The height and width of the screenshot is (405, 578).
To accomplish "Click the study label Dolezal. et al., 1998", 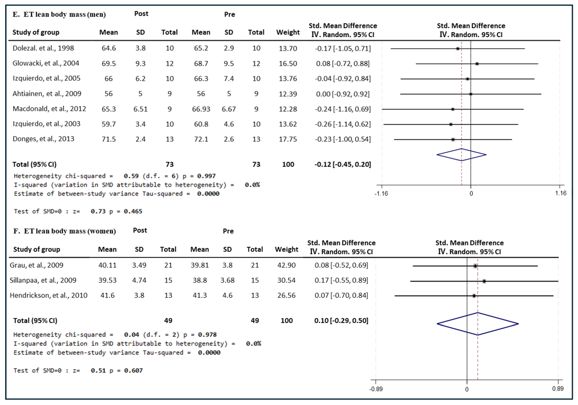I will pyautogui.click(x=43, y=48).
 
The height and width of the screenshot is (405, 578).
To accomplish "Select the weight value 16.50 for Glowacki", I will pyautogui.click(x=288, y=63).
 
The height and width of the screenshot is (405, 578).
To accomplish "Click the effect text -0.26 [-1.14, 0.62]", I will pyautogui.click(x=343, y=124).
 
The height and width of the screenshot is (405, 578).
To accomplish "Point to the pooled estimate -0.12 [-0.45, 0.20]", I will pyautogui.click(x=343, y=164).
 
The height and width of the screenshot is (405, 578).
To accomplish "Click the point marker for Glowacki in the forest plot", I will pyautogui.click(x=477, y=64).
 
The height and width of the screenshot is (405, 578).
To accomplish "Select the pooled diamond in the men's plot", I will pyautogui.click(x=461, y=155).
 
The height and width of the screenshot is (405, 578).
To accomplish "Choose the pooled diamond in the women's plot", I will pyautogui.click(x=478, y=324).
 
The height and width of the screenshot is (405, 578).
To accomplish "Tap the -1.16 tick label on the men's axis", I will pyautogui.click(x=381, y=194).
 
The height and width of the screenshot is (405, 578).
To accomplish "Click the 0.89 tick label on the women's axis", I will pyautogui.click(x=558, y=389).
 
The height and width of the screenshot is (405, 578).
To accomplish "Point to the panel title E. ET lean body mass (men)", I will pyautogui.click(x=59, y=14).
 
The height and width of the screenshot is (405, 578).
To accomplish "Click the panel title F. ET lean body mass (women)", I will pyautogui.click(x=65, y=231).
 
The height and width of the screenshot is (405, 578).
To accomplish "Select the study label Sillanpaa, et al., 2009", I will pyautogui.click(x=43, y=280).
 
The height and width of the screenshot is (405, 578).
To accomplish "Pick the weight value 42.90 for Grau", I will pyautogui.click(x=286, y=265).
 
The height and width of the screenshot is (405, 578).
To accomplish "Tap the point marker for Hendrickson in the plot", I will pyautogui.click(x=474, y=296).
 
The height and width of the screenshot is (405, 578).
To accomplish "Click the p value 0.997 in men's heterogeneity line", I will pyautogui.click(x=206, y=176).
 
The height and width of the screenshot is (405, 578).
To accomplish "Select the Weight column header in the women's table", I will pyautogui.click(x=286, y=249).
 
